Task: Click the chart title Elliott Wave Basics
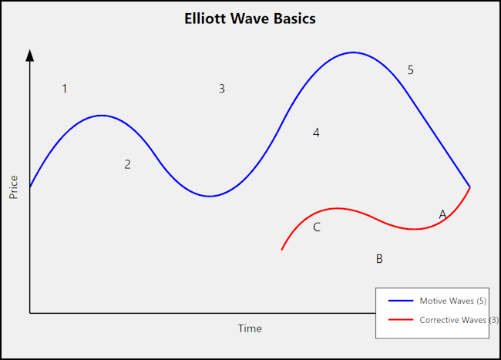click(250, 19)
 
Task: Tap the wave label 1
click(65, 89)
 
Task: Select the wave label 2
click(127, 164)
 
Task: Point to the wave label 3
click(221, 89)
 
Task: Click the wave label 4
click(316, 133)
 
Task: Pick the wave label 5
click(410, 70)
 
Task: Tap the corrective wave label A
click(442, 214)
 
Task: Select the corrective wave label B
click(379, 259)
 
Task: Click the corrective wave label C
click(316, 227)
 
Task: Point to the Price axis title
click(14, 187)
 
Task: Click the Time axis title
click(250, 328)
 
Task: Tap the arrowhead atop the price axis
click(30, 54)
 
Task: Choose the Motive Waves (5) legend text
click(452, 300)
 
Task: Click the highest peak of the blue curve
click(353, 52)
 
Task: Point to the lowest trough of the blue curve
click(209, 196)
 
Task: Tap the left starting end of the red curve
click(282, 249)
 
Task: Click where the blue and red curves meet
click(469, 187)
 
